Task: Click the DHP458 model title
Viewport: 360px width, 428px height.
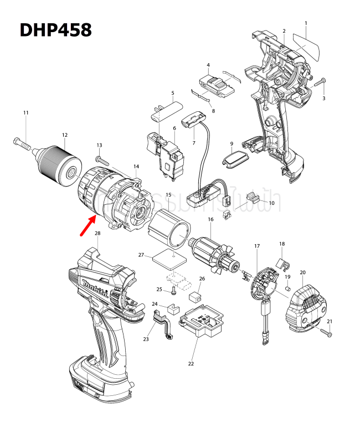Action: tap(55, 30)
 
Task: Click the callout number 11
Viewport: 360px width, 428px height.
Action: tap(25, 113)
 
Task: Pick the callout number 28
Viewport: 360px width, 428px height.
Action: tap(97, 233)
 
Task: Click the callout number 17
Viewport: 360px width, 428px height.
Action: tap(257, 245)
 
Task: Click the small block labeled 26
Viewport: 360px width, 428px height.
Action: tap(194, 296)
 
